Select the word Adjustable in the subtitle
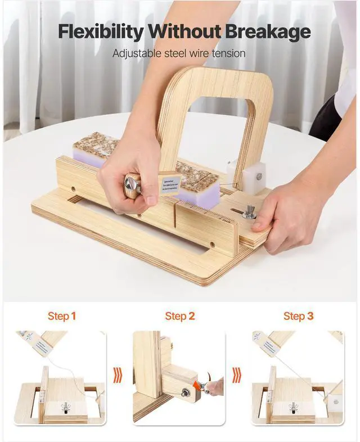tap(134, 54)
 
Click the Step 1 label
tap(62, 317)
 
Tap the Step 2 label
tap(180, 317)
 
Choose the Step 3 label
tap(299, 317)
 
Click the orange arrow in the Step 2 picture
tap(198, 386)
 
